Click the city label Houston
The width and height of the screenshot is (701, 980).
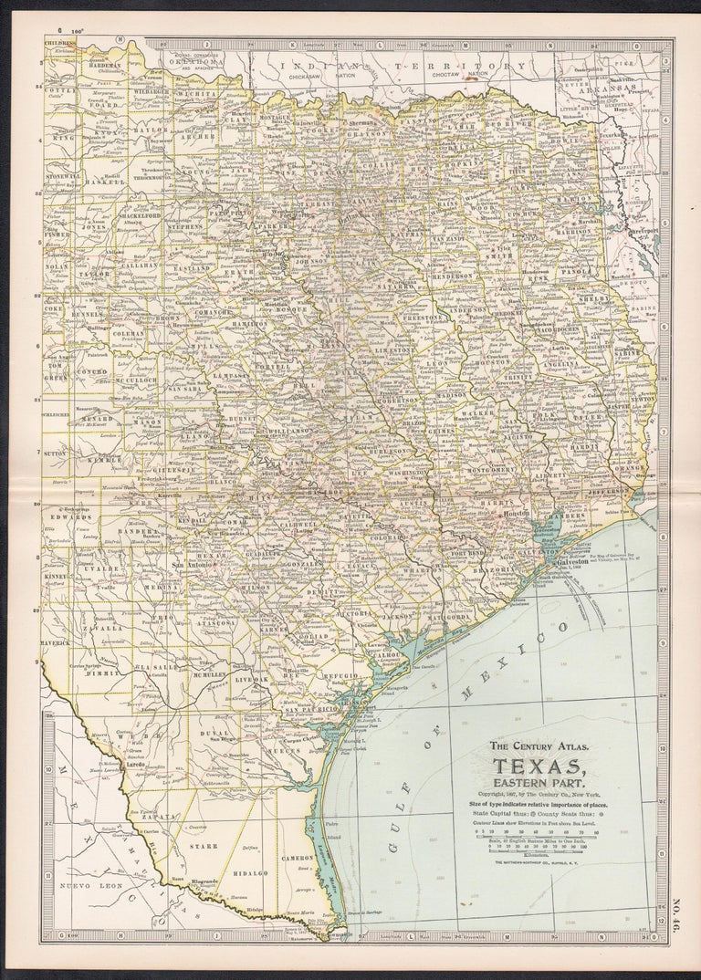coord(518,516)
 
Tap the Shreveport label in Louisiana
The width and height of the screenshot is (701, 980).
coord(643,230)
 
